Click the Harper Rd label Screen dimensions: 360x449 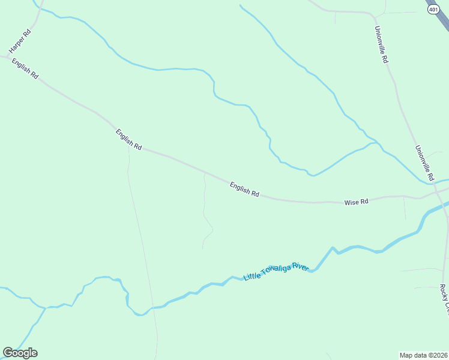[x=20, y=40]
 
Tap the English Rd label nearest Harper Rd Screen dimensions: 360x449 [x=25, y=68]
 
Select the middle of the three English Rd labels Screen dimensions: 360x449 [x=129, y=139]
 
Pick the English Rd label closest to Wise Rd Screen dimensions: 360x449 [x=244, y=190]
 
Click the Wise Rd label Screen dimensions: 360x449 [x=356, y=202]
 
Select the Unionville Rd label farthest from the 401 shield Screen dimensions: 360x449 [x=424, y=163]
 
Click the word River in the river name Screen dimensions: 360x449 [x=301, y=266]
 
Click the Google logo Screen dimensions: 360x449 [x=20, y=353]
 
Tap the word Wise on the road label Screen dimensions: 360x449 [x=351, y=203]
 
